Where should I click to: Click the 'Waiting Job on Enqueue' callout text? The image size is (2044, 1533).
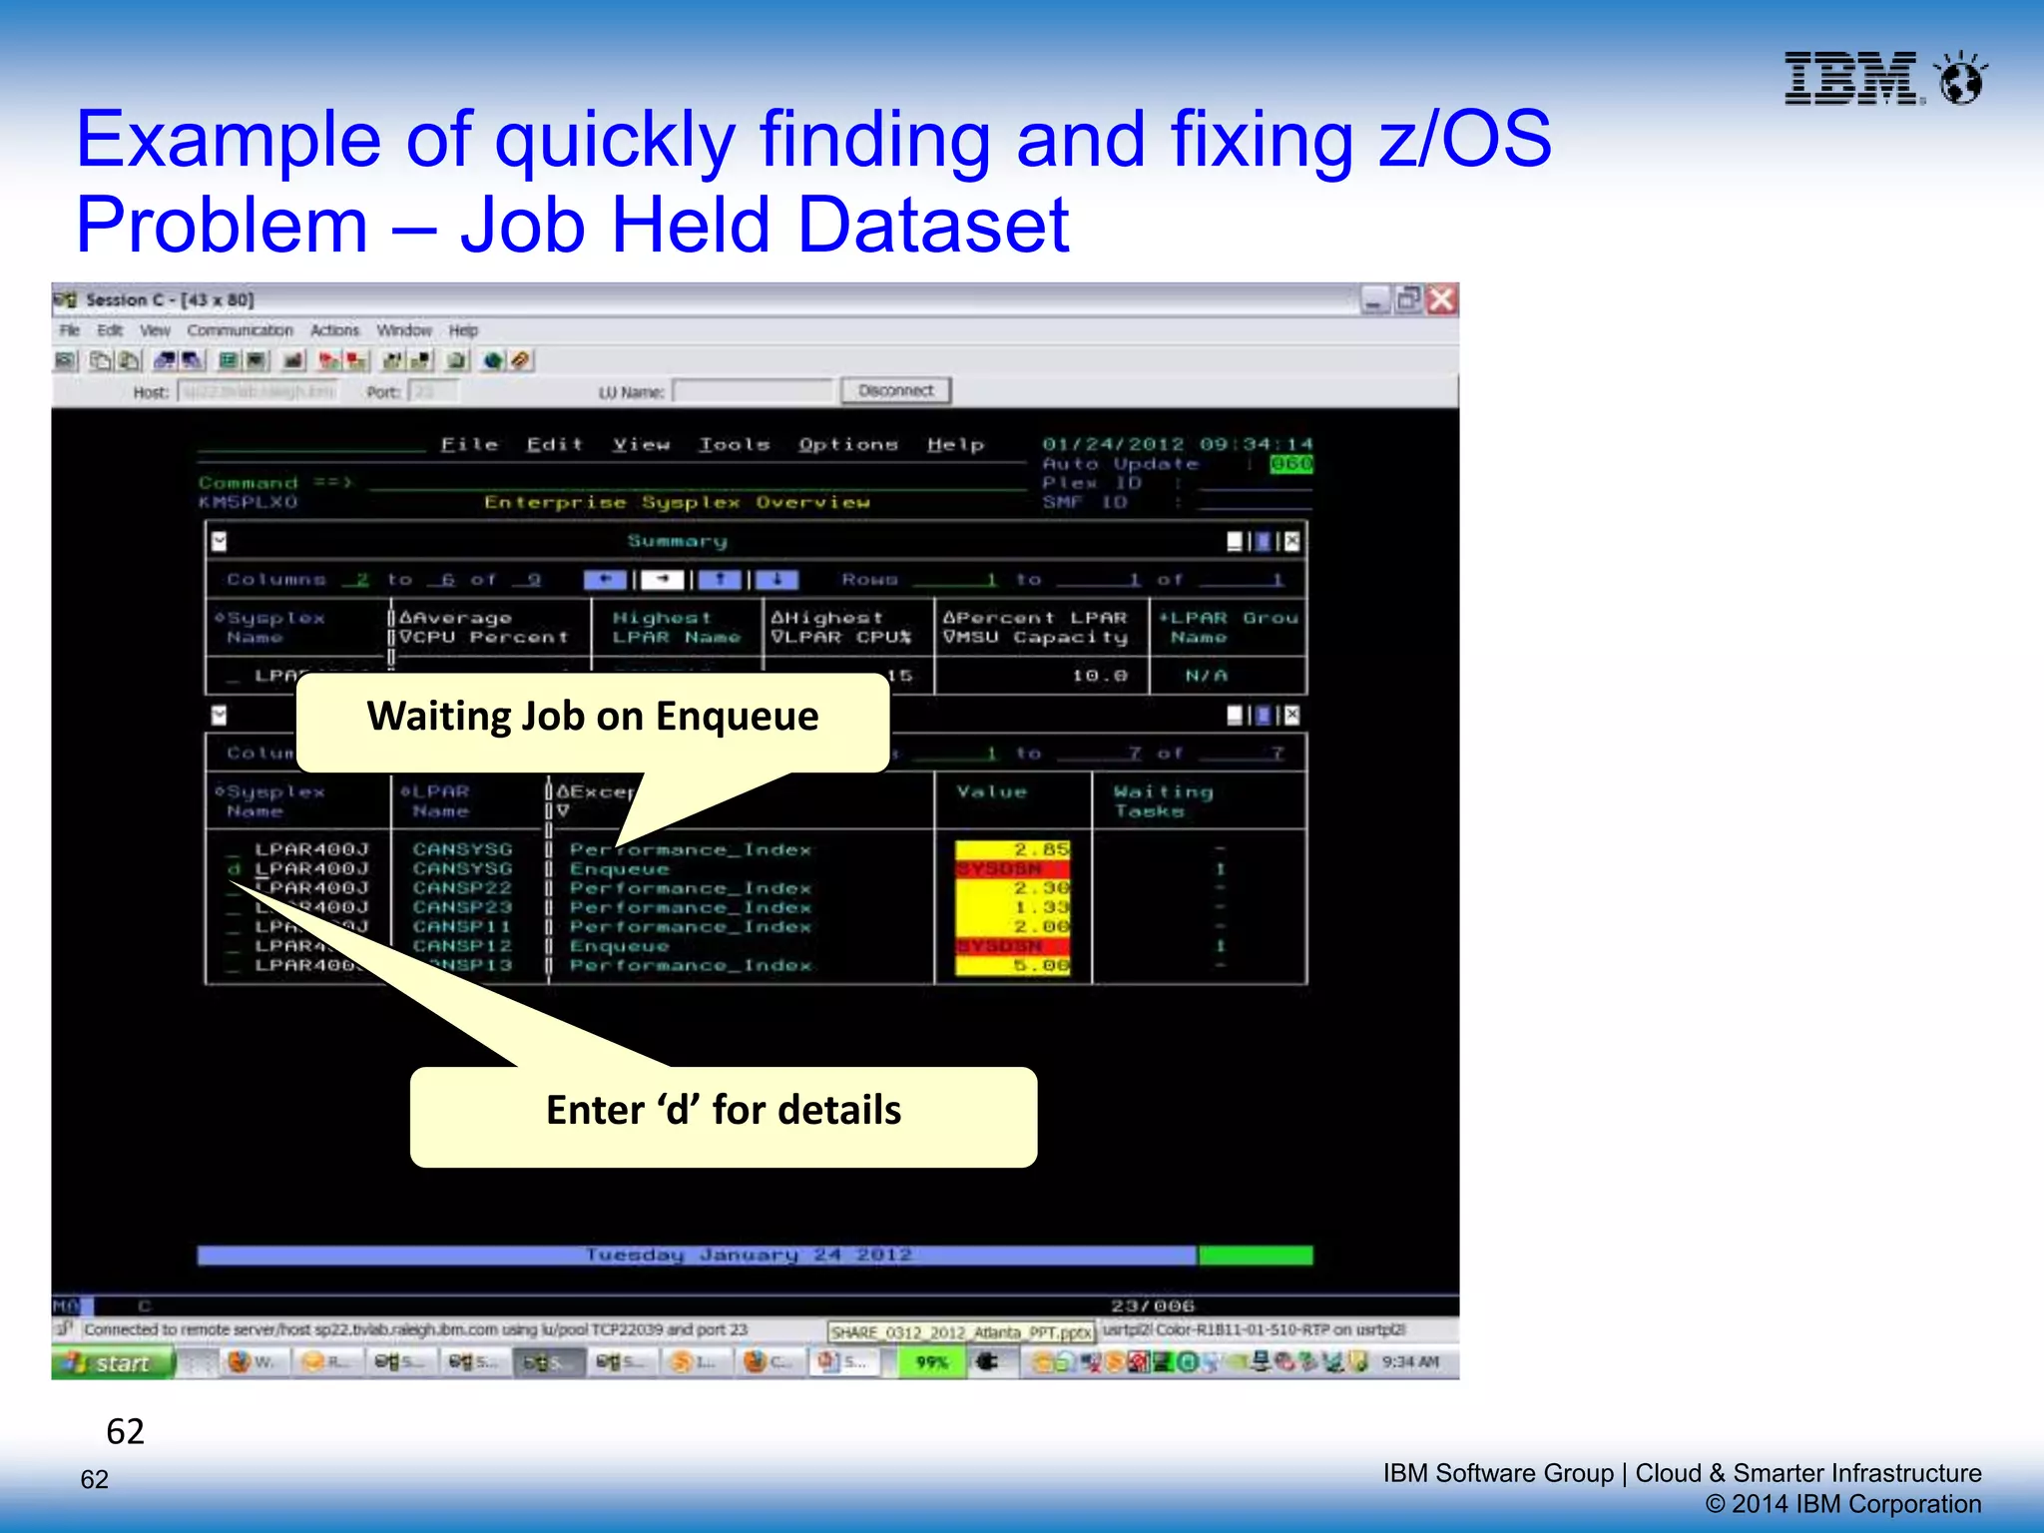pos(592,717)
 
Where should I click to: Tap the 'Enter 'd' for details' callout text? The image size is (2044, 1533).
pos(724,1111)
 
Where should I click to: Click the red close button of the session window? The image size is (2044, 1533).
pos(1441,299)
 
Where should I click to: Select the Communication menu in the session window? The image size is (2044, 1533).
pos(240,330)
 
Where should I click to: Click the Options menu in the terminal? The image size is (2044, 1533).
pos(847,445)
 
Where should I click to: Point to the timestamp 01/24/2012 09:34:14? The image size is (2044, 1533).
pos(1177,444)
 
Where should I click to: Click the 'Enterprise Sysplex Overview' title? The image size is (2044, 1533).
pos(677,502)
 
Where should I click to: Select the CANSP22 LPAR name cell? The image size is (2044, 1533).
pos(462,888)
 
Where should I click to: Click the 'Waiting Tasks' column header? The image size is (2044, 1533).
pos(1163,801)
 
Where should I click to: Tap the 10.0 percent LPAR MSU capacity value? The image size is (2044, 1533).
pos(1099,676)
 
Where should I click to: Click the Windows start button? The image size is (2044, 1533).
pos(113,1363)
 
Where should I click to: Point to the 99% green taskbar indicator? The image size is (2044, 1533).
pos(931,1363)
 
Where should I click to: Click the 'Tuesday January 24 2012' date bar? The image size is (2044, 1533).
pos(749,1255)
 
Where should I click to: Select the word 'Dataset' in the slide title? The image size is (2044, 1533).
pos(933,226)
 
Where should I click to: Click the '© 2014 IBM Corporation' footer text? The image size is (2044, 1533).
pos(1842,1504)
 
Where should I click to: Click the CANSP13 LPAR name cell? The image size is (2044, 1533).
pos(469,965)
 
